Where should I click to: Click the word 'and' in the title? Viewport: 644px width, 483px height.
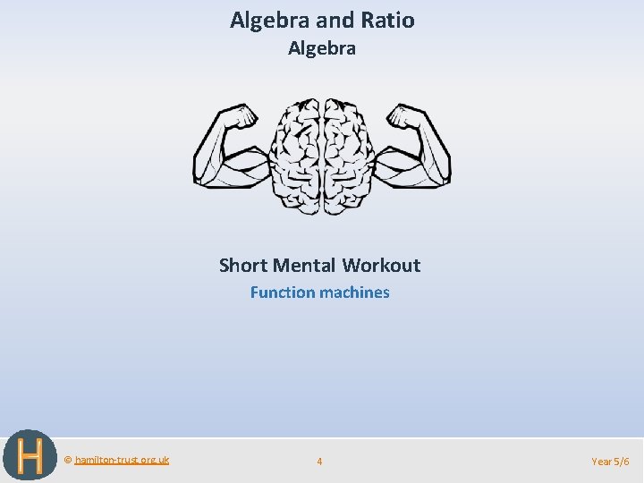[334, 20]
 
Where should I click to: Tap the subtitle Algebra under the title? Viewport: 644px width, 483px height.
[322, 48]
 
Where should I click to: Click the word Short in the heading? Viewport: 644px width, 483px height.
[243, 265]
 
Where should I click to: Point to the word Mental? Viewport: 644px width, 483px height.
[304, 265]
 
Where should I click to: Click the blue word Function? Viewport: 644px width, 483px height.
[284, 292]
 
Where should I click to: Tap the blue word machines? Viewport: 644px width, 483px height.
[355, 292]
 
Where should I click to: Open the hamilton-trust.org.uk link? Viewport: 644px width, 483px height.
[122, 460]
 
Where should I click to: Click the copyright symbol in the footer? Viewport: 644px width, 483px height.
[68, 460]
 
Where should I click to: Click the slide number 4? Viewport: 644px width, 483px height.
[319, 462]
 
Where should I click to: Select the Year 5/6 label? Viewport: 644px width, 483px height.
[610, 462]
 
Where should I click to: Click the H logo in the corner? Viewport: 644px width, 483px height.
[30, 456]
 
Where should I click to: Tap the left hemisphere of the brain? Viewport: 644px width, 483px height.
[295, 157]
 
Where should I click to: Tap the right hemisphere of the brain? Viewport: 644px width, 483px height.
[349, 157]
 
